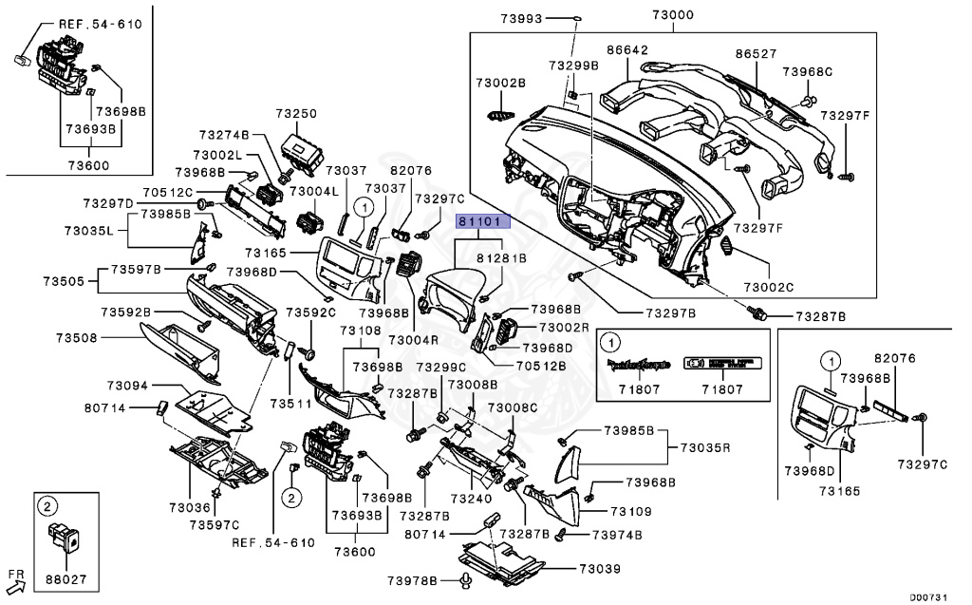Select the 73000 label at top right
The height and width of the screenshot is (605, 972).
pos(699,15)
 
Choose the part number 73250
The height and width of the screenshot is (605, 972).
pos(296,113)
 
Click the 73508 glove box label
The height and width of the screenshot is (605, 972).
pos(76,337)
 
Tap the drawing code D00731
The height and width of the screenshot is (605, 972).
pos(931,596)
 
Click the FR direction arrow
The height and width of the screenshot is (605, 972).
pos(16,576)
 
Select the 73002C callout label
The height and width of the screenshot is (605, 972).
pos(768,287)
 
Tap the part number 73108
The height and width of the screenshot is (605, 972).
pos(362,331)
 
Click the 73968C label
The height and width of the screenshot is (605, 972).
pos(807,71)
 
